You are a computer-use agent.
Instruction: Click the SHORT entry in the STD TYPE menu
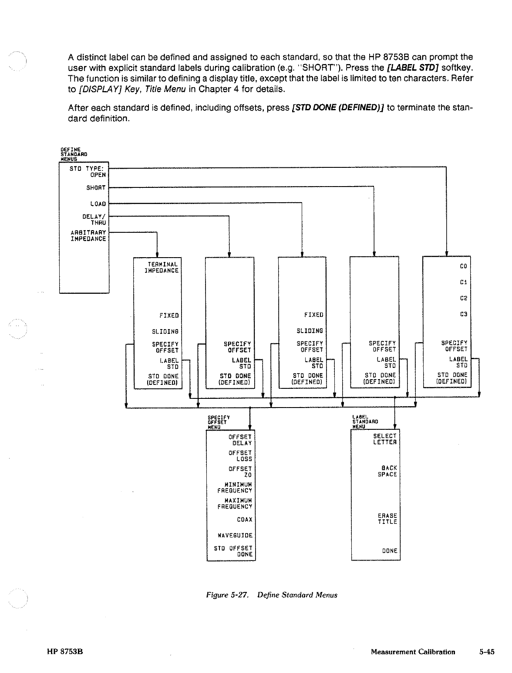(x=96, y=188)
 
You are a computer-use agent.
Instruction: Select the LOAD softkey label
(x=98, y=204)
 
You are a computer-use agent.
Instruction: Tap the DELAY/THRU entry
(x=94, y=219)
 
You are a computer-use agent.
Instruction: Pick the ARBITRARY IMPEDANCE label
(x=88, y=235)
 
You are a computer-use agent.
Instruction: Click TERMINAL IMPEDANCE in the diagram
(x=162, y=267)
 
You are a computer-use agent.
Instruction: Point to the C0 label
(x=463, y=266)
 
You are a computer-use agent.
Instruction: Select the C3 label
(x=463, y=314)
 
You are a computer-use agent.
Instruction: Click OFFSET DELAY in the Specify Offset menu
(x=240, y=439)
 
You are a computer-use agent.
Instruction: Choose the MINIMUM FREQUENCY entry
(x=235, y=487)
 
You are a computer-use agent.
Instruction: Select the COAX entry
(x=244, y=520)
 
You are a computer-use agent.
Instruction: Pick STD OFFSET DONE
(x=233, y=551)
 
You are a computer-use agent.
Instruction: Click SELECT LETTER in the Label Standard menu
(x=385, y=439)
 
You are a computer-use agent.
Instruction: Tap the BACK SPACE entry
(x=387, y=471)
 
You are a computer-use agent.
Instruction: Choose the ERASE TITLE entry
(x=387, y=519)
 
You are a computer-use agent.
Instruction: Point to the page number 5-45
(x=487, y=652)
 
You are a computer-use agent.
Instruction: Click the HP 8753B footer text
(x=65, y=652)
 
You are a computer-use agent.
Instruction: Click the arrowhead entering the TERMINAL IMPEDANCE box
(x=157, y=255)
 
